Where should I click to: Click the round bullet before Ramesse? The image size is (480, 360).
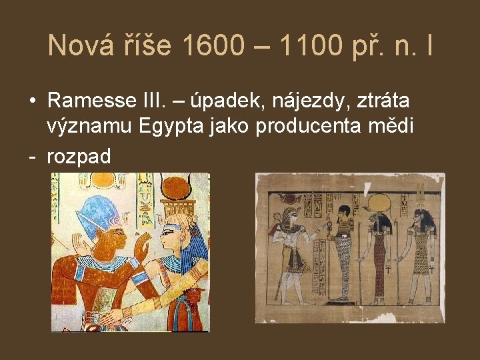(32, 101)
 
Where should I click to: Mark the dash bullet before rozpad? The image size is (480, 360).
(31, 157)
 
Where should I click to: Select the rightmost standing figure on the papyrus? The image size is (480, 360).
(421, 257)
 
